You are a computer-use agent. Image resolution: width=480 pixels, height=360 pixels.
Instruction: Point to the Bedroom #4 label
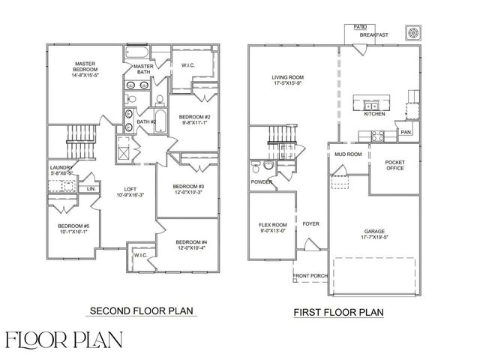coord(191,241)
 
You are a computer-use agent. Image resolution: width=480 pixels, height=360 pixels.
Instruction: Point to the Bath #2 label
coord(146,121)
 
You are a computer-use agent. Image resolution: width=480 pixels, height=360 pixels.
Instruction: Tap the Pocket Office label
coord(394,165)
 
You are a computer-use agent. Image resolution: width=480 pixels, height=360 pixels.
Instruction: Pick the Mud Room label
coord(348,154)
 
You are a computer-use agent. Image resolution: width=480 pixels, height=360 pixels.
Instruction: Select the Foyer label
coord(310,223)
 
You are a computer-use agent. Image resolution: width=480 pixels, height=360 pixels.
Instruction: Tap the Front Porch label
coord(310,276)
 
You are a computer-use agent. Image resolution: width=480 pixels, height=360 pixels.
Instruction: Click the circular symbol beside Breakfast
coord(412,33)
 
